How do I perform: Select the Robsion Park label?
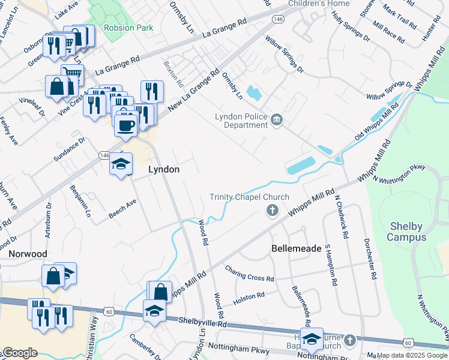click(x=128, y=28)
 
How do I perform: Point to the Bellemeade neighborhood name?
click(x=297, y=248)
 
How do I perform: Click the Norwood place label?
click(x=28, y=254)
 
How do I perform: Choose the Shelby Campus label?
click(x=406, y=232)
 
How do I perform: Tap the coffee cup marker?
click(x=126, y=125)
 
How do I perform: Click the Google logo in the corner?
click(x=20, y=353)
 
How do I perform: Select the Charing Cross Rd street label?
click(x=249, y=274)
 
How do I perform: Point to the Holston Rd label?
click(x=249, y=296)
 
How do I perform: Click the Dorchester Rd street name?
click(x=370, y=259)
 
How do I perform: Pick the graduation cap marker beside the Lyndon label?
click(x=121, y=163)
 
